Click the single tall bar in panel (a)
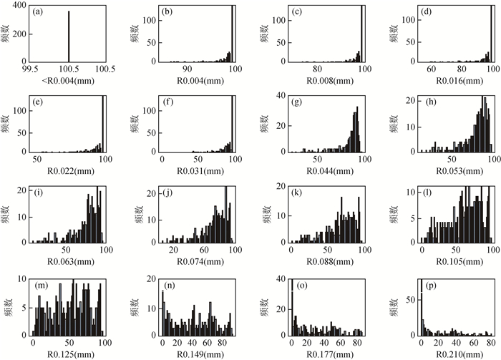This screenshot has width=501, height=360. (x=69, y=36)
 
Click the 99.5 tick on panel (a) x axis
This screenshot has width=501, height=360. (x=29, y=69)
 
